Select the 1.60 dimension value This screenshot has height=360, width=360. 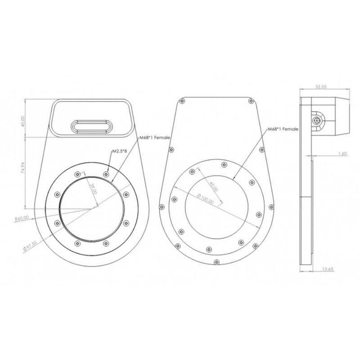tap(342, 154)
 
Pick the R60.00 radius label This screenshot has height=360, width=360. tap(22, 218)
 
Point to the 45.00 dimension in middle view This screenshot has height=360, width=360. tap(213, 186)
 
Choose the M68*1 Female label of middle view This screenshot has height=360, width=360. tap(283, 129)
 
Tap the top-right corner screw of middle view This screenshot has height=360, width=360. tap(251, 101)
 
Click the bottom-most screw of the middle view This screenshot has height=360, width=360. tap(216, 261)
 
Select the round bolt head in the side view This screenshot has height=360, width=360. tap(318, 121)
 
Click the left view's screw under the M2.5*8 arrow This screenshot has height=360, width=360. tap(106, 174)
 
